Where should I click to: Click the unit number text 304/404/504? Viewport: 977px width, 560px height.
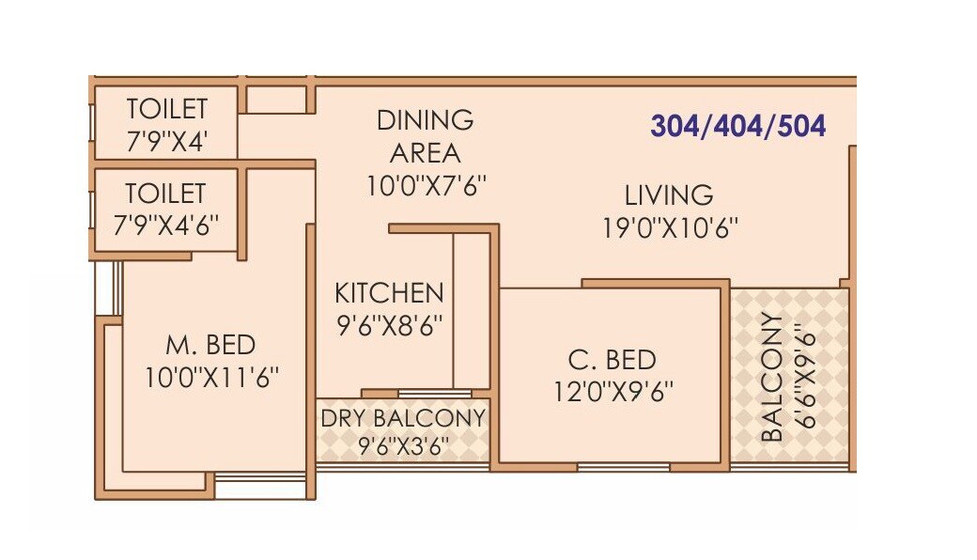[737, 126]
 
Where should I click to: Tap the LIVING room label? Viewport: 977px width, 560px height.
[669, 195]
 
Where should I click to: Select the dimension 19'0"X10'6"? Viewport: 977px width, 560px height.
[670, 227]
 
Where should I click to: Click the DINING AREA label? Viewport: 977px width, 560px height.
[425, 136]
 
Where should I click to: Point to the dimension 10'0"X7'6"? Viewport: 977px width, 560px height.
[426, 185]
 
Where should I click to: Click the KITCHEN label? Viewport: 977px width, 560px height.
[388, 293]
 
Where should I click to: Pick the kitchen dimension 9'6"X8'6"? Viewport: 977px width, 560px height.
[388, 325]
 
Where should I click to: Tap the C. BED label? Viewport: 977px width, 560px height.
[612, 360]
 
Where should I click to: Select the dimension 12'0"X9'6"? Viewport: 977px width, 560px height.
[613, 390]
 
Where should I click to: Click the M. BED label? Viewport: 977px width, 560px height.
[211, 345]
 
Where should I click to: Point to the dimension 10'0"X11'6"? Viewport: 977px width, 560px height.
[211, 377]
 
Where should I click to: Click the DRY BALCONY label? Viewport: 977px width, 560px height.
[403, 418]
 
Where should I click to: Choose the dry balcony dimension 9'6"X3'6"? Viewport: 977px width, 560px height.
[403, 445]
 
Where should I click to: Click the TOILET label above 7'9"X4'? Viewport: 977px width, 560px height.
[166, 108]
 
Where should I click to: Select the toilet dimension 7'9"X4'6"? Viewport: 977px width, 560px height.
[166, 226]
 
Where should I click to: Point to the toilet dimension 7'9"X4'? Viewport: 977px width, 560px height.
[166, 141]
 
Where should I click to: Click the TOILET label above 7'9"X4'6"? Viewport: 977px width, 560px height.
[166, 194]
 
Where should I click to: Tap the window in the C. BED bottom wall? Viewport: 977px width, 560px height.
[623, 466]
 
